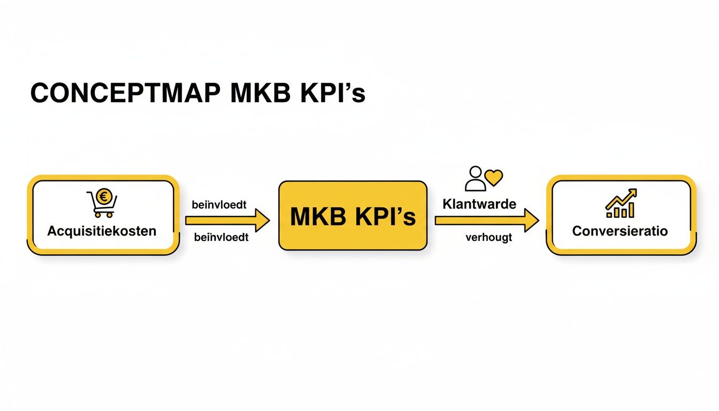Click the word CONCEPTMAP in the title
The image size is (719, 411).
click(125, 94)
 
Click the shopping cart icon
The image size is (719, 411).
click(101, 204)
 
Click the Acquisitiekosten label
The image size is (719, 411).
click(102, 231)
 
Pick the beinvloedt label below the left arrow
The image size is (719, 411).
click(221, 237)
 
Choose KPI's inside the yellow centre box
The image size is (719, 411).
click(384, 217)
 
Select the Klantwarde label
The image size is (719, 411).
click(479, 204)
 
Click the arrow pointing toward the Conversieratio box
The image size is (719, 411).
click(486, 220)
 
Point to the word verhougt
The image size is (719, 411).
click(488, 238)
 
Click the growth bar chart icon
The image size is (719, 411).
click(621, 203)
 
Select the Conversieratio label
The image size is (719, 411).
click(620, 231)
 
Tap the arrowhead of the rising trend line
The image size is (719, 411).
click(633, 192)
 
